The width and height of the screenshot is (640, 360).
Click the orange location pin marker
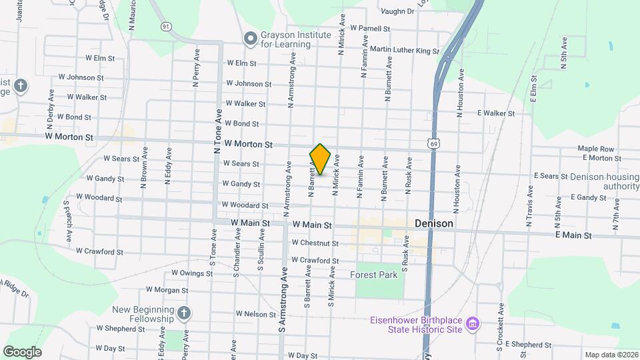pyautogui.click(x=321, y=159)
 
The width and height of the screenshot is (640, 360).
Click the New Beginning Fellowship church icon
pyautogui.click(x=185, y=313)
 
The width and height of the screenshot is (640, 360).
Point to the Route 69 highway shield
pyautogui.click(x=434, y=143)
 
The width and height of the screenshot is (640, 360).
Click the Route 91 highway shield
pyautogui.click(x=166, y=26)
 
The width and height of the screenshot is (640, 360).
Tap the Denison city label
pyautogui.click(x=433, y=224)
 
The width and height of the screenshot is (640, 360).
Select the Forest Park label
pyautogui.click(x=373, y=275)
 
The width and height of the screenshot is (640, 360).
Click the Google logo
pyautogui.click(x=22, y=351)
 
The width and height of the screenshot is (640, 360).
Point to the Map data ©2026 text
pyautogui.click(x=610, y=355)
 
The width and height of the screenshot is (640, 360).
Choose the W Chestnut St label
pyautogui.click(x=315, y=243)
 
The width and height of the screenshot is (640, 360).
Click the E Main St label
pyautogui.click(x=573, y=235)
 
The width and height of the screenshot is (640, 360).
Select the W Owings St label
pyautogui.click(x=191, y=273)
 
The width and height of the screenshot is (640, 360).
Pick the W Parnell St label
pyautogui.click(x=365, y=29)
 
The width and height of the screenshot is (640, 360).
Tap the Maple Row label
pyautogui.click(x=595, y=149)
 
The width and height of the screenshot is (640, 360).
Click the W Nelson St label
pyautogui.click(x=255, y=313)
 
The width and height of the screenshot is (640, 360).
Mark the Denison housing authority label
pyautogui.click(x=603, y=181)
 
